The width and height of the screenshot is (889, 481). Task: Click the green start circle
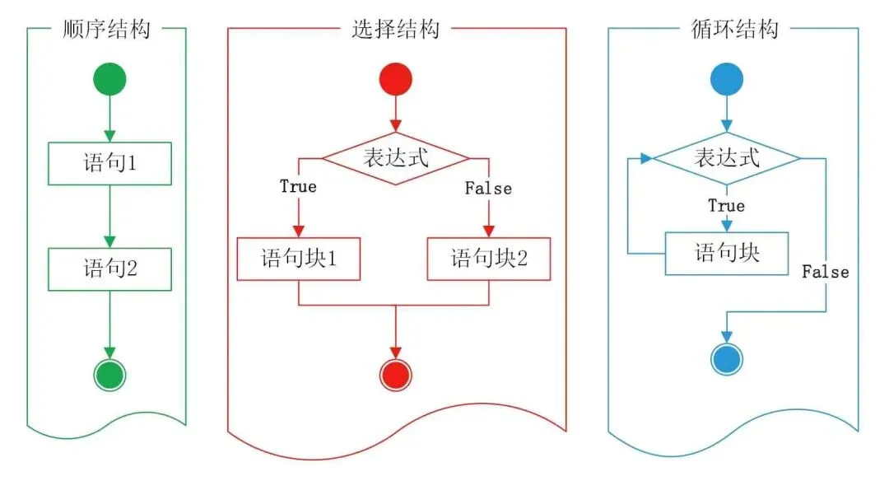[109, 80]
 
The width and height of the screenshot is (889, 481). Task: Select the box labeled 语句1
[109, 163]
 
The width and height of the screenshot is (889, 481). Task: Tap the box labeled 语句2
[109, 269]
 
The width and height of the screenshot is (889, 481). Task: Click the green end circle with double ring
[109, 376]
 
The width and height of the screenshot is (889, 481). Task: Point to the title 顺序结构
[106, 30]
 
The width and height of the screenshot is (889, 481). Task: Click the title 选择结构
[395, 30]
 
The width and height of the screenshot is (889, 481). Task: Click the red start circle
[395, 80]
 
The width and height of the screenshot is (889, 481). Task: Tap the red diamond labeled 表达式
[395, 157]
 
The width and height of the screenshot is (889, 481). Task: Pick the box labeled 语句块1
[298, 259]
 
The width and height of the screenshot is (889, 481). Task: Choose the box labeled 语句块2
[488, 259]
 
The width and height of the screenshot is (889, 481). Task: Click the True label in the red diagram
[298, 187]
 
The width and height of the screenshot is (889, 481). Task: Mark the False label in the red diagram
[488, 189]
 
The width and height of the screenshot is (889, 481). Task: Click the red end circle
[395, 375]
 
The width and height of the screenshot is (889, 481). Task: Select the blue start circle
[726, 80]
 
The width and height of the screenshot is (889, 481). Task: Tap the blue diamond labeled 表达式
[726, 157]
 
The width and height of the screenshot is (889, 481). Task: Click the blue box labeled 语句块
[726, 253]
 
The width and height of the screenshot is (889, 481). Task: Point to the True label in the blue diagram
[726, 206]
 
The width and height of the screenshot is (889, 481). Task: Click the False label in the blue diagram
[825, 272]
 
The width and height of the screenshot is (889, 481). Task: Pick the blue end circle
[726, 359]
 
